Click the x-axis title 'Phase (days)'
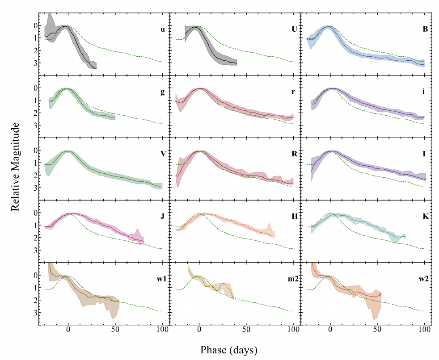click(229, 349)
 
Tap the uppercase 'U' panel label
click(293, 30)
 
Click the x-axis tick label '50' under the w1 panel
click(115, 331)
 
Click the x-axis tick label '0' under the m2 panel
click(199, 331)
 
